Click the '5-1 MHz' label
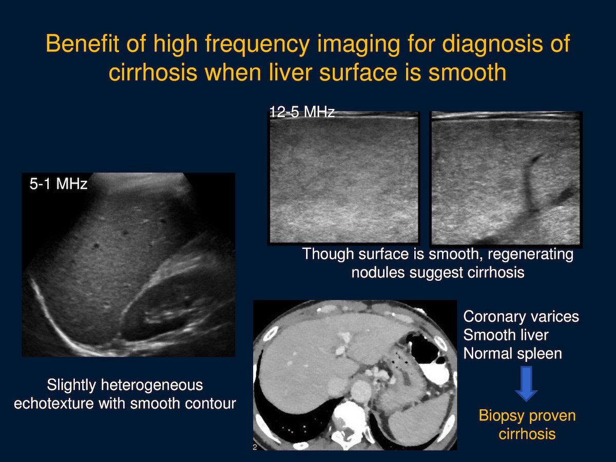coord(59,184)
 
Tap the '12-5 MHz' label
coord(302,112)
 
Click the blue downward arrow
coord(526,383)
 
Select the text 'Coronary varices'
coord(521,317)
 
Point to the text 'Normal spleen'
coord(512,354)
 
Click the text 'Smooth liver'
coord(506,335)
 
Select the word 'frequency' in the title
coord(257,45)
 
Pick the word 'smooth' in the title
coord(468,72)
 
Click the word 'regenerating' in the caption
coord(530,255)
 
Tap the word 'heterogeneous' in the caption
coord(152,386)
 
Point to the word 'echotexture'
coord(53,403)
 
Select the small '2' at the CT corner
coord(255,447)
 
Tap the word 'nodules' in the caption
coord(378,273)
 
